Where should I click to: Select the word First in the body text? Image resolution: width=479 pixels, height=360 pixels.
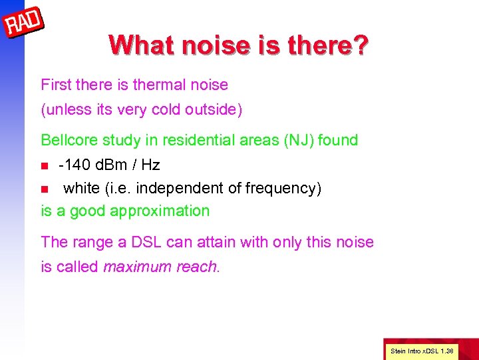55,85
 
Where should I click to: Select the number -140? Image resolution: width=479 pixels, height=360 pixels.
74,165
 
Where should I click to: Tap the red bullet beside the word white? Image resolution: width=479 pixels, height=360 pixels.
45,189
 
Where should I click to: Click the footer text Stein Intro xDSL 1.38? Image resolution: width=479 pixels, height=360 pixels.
421,350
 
